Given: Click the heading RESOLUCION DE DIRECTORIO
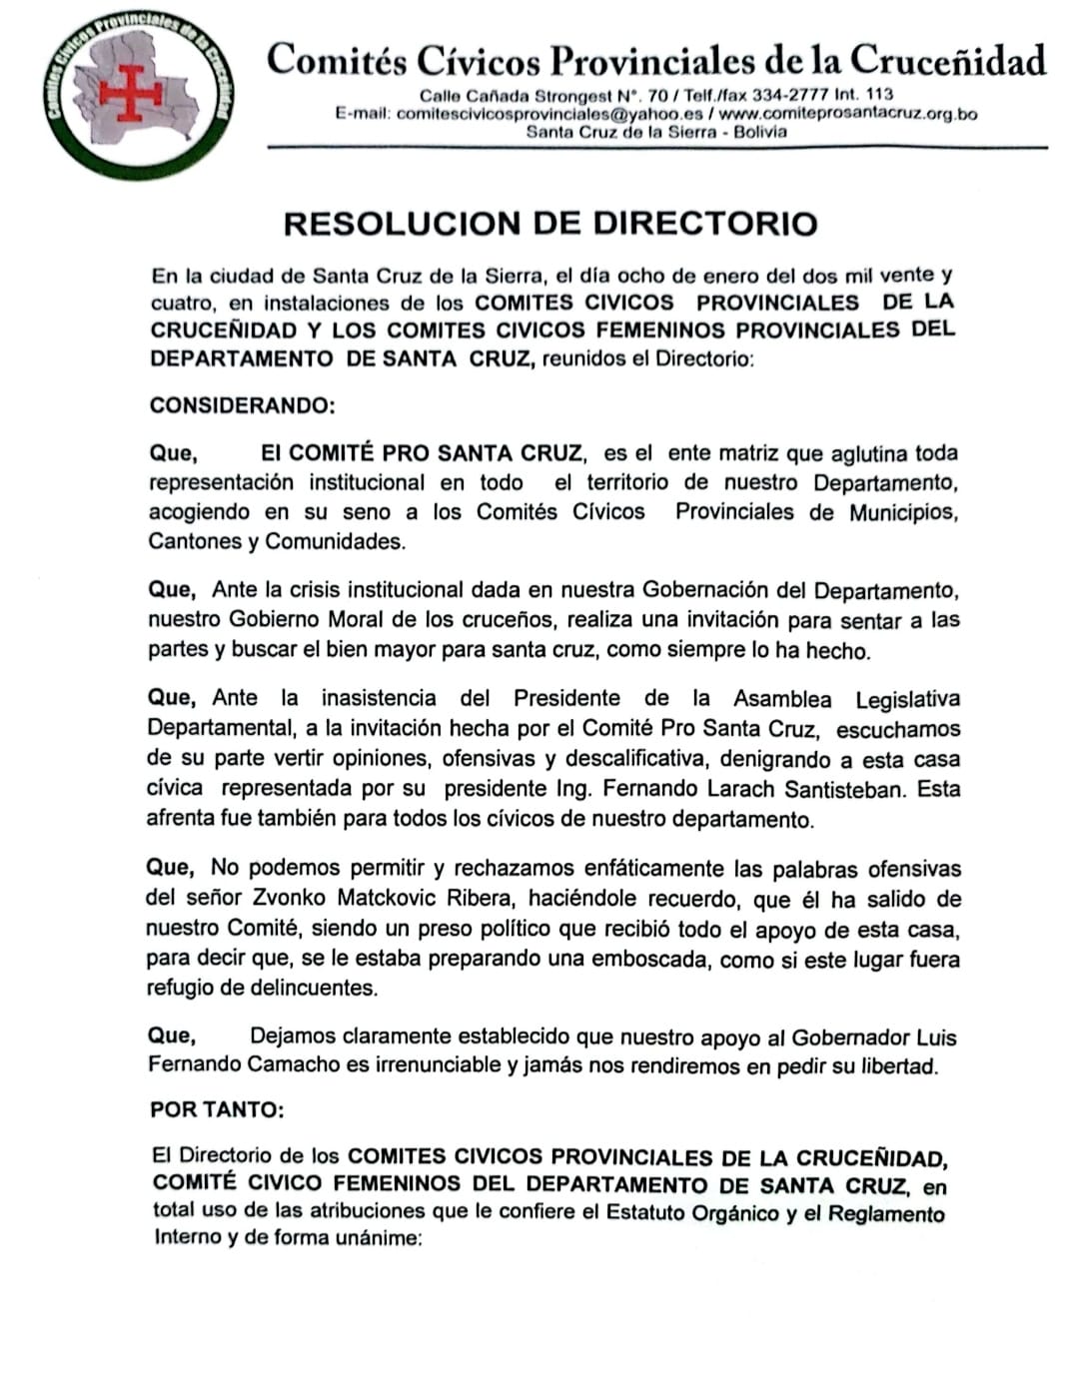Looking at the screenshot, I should [x=550, y=223].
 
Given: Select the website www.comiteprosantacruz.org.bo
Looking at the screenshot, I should [x=855, y=114].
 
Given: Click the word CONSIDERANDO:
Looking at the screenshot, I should [x=242, y=405].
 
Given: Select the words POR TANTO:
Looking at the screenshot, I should [x=217, y=1109].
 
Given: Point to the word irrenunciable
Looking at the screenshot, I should [x=439, y=1064].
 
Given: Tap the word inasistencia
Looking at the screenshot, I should [x=379, y=698].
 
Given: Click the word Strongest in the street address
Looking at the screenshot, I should [x=573, y=97].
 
